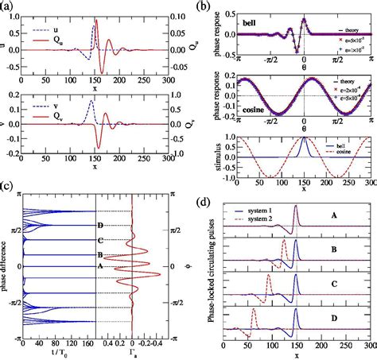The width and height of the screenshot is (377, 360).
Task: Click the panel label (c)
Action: [9, 187]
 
